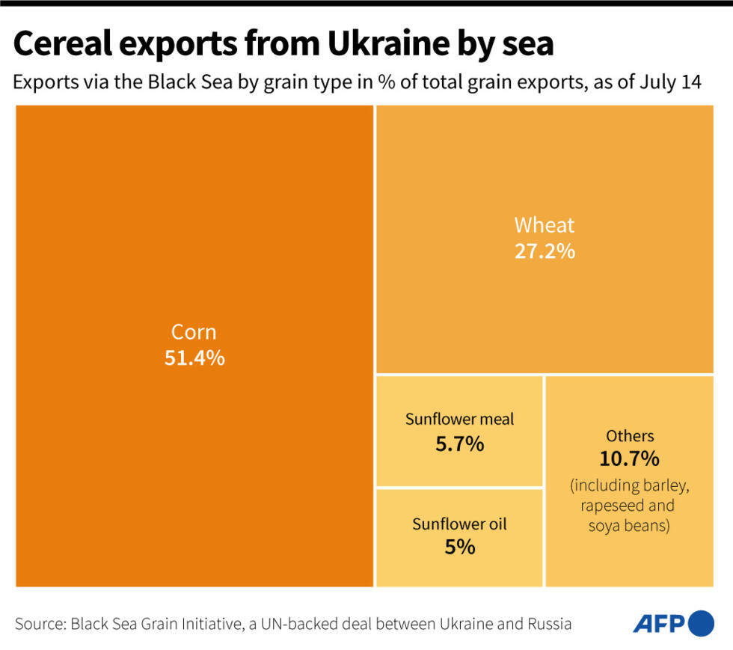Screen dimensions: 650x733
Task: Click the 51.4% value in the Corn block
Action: pyautogui.click(x=194, y=358)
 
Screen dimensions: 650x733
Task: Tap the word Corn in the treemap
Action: pyautogui.click(x=194, y=332)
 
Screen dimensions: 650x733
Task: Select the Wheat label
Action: pyautogui.click(x=545, y=225)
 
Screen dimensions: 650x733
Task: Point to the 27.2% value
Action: pyautogui.click(x=545, y=251)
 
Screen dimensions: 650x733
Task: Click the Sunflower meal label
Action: pyautogui.click(x=459, y=419)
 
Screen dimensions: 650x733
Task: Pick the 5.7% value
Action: pyautogui.click(x=459, y=444)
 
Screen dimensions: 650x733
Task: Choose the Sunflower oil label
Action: pyautogui.click(x=459, y=524)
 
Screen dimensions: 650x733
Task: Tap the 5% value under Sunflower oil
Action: pyautogui.click(x=459, y=548)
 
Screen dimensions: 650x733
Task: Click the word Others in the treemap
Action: pyautogui.click(x=630, y=435)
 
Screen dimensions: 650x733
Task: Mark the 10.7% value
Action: pyautogui.click(x=630, y=459)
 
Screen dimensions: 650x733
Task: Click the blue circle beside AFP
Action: pyautogui.click(x=701, y=623)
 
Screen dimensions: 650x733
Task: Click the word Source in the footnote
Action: pyautogui.click(x=38, y=624)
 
